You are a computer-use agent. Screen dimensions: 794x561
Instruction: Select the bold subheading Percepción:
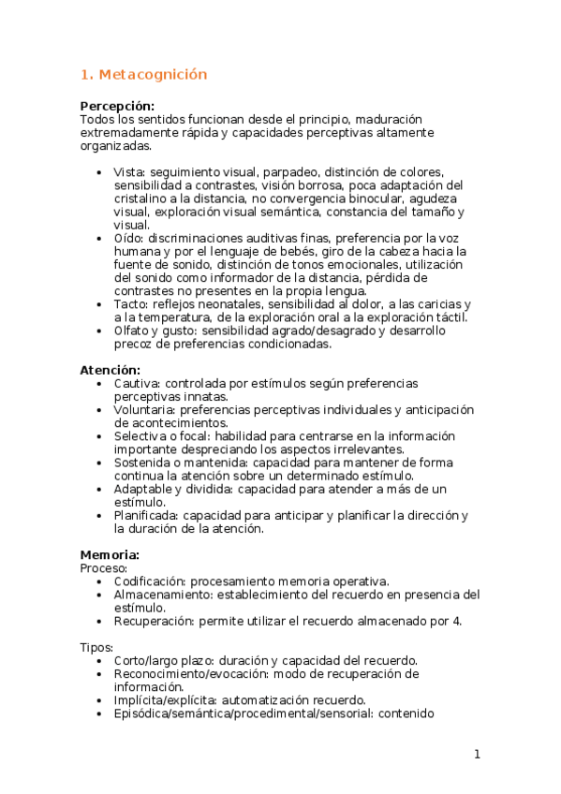click(x=117, y=106)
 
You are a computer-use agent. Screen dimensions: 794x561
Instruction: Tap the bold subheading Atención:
click(x=110, y=370)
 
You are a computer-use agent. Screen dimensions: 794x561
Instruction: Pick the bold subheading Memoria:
click(x=110, y=554)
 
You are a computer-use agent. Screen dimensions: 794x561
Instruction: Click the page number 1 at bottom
click(x=477, y=755)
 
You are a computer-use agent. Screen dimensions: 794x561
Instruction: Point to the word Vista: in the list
click(x=129, y=172)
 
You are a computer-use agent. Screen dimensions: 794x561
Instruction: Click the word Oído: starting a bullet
click(x=128, y=239)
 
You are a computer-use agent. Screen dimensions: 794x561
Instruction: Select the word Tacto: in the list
click(x=131, y=304)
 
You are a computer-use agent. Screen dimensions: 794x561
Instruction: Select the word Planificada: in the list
click(x=146, y=515)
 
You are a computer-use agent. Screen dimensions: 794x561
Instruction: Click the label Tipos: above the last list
click(x=96, y=647)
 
